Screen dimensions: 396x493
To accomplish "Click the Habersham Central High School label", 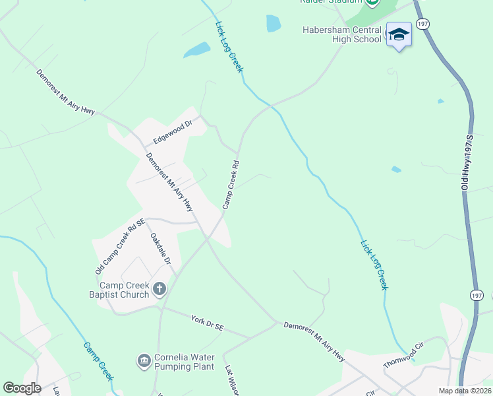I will coord(342,34).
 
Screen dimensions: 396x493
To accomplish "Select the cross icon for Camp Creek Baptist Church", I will coord(159,288).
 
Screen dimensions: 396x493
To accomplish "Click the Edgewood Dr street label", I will coord(172,131).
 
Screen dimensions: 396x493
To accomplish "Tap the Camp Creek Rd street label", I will coord(230,184).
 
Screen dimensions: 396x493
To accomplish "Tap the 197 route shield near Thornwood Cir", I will coord(478,295).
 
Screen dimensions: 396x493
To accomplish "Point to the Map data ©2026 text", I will coord(464,391).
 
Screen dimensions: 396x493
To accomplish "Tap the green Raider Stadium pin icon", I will coord(372,3).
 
